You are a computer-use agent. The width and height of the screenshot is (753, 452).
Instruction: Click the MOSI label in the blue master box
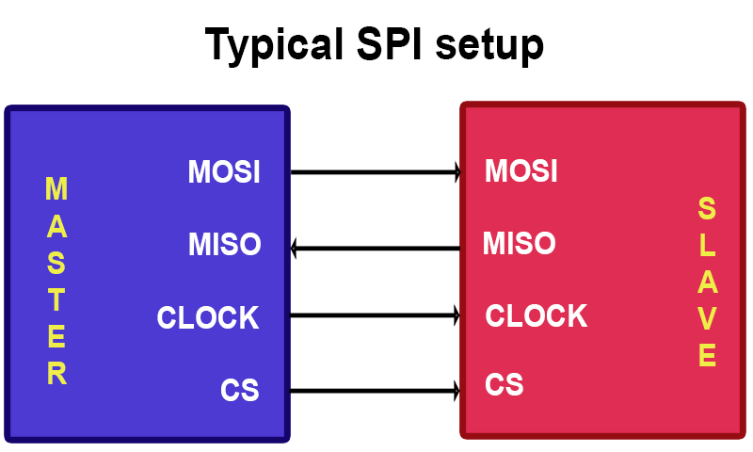224,172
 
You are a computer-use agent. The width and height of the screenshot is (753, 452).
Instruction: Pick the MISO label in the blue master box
224,245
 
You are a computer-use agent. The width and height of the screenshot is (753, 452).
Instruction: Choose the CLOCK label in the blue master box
208,318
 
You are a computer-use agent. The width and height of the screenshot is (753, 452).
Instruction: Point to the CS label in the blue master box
240,389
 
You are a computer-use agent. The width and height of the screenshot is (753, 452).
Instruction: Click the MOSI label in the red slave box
521,171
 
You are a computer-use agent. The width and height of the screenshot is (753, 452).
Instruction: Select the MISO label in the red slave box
519,244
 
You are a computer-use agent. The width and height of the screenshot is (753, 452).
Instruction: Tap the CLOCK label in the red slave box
536,315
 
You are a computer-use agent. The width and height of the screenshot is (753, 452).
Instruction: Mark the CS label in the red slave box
505,385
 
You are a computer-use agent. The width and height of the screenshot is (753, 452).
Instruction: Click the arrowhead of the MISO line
296,249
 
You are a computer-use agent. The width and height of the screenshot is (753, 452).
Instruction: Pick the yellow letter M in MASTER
56,189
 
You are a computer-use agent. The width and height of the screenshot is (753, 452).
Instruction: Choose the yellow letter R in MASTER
56,374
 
